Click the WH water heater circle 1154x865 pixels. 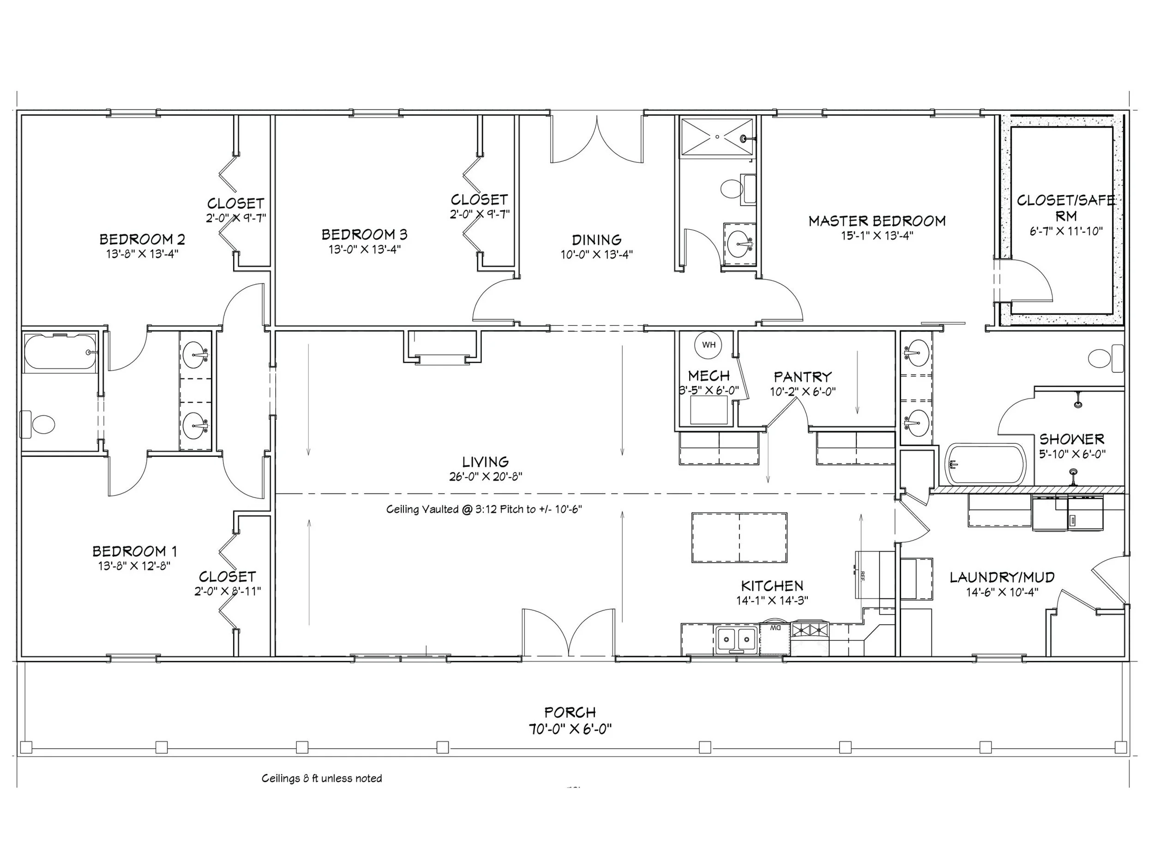tap(709, 345)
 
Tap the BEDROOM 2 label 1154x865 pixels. tap(142, 239)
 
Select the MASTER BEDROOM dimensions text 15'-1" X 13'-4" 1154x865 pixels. tap(877, 236)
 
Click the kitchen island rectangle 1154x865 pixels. tap(739, 537)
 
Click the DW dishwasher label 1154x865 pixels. tap(776, 628)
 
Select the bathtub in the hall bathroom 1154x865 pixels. tap(60, 352)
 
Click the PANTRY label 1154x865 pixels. tap(802, 376)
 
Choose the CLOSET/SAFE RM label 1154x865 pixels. tap(1065, 208)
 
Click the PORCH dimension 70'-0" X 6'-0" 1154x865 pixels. tap(570, 729)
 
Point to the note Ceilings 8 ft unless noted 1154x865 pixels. tap(321, 778)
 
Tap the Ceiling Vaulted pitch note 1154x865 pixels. tap(484, 509)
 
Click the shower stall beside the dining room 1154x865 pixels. tap(717, 137)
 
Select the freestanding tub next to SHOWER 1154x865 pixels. tap(986, 464)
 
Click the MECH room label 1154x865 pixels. tap(709, 376)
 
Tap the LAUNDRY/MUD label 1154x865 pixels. tap(1002, 577)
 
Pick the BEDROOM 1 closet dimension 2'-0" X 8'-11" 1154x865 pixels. tap(228, 591)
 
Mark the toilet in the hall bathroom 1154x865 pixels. tap(39, 424)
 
